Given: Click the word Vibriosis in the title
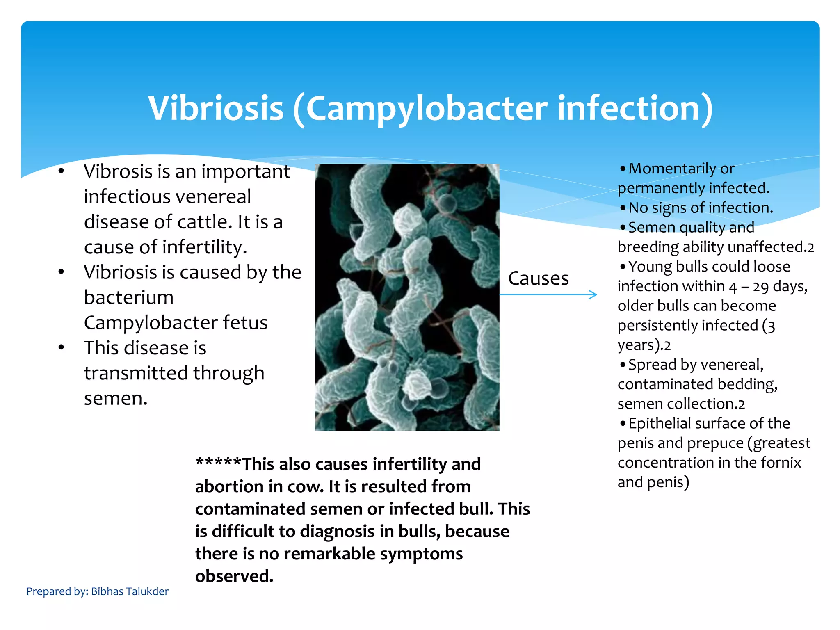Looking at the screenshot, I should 216,108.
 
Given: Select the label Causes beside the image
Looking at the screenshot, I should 538,278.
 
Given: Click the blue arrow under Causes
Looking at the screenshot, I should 548,294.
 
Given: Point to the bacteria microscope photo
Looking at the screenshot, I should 407,297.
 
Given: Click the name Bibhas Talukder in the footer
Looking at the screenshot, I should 130,591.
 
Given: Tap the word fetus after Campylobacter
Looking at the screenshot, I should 245,323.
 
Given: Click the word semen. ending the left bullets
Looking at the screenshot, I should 116,398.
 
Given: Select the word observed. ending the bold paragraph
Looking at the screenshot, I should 234,576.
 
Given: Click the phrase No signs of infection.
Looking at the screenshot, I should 701,208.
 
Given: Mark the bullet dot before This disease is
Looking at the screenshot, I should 61,348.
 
